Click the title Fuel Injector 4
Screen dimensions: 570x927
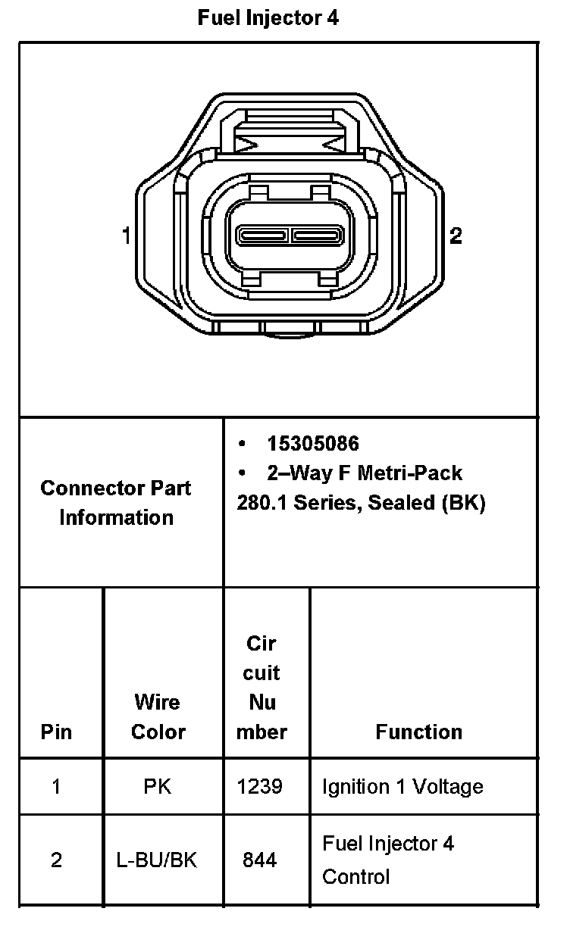268,18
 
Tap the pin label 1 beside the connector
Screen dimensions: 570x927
127,236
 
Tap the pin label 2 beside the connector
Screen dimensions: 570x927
456,236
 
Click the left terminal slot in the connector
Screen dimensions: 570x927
262,235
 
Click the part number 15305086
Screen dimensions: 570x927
313,444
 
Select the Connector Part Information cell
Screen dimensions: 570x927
116,503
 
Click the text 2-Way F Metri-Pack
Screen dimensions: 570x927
364,473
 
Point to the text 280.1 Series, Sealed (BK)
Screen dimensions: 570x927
361,503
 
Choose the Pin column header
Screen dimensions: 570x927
57,732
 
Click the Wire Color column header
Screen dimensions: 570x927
158,716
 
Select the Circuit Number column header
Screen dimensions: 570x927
262,688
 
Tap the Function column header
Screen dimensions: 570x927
418,732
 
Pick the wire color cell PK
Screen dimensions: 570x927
158,787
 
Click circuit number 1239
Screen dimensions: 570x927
260,787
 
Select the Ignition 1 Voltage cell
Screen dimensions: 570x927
402,787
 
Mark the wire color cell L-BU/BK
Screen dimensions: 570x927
158,860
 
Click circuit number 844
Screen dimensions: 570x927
260,860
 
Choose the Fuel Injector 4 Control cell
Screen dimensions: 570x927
387,860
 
